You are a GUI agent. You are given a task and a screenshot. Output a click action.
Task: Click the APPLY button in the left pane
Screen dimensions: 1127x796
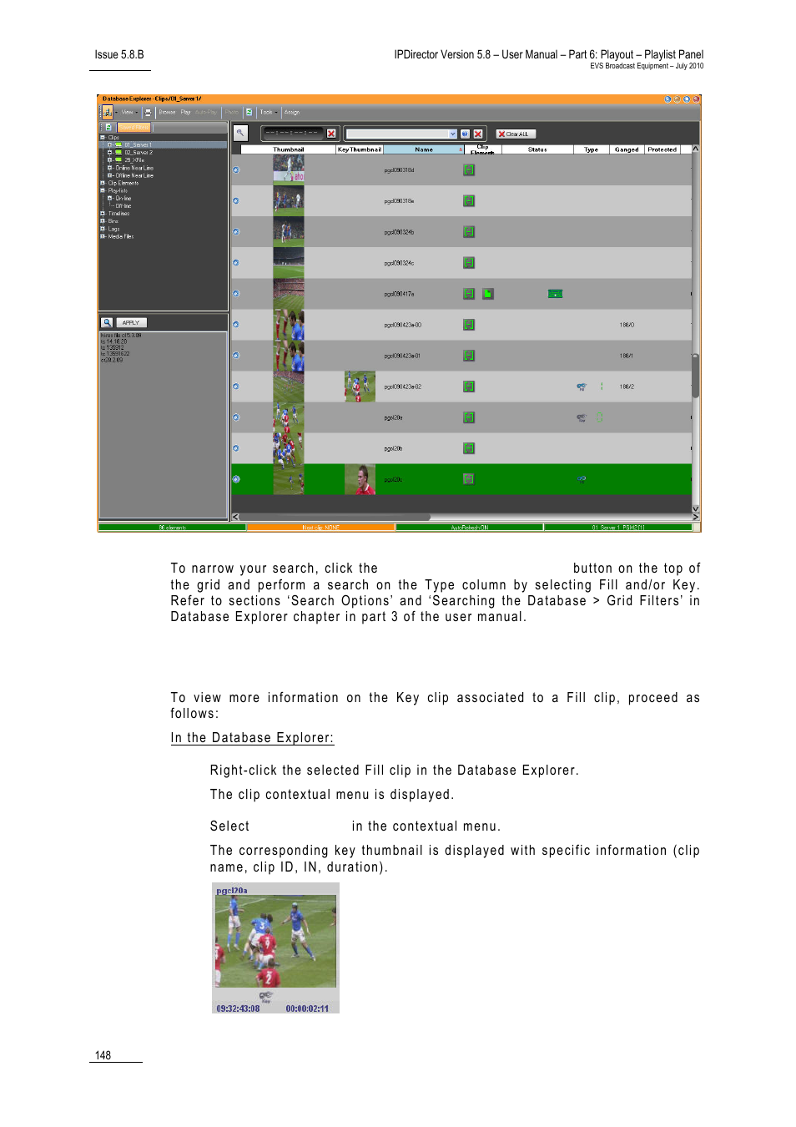click(x=131, y=322)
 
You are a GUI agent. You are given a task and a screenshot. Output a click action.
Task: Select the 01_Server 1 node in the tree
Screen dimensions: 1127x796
click(x=138, y=145)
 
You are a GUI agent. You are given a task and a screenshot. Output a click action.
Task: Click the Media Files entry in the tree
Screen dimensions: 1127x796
click(x=120, y=236)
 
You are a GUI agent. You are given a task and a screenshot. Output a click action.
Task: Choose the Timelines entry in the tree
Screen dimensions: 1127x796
click(x=118, y=214)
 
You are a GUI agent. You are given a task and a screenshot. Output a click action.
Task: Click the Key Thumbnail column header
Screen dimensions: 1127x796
click(x=359, y=149)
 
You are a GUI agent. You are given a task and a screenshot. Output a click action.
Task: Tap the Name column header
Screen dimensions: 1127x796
click(x=424, y=149)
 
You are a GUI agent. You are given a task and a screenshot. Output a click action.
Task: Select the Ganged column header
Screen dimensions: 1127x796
click(x=627, y=149)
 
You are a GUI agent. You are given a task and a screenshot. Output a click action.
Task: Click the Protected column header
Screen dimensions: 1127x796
click(x=662, y=149)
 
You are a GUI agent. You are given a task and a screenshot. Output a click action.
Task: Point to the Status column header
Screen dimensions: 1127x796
click(x=537, y=149)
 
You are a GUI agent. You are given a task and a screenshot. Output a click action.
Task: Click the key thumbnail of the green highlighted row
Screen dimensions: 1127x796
click(x=360, y=479)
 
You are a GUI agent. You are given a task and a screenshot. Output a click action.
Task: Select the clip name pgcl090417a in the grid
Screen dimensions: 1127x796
click(x=399, y=294)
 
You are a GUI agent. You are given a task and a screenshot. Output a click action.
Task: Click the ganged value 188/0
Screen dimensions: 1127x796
click(x=627, y=325)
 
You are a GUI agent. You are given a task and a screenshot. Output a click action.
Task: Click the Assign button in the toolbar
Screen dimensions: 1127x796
click(x=292, y=112)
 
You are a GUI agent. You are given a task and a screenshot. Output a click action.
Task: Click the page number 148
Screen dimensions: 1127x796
click(x=103, y=1055)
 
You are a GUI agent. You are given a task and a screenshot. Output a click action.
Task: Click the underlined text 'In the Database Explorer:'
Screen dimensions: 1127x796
click(x=252, y=738)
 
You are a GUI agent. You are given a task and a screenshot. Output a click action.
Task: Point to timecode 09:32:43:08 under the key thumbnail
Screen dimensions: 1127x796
click(x=238, y=1008)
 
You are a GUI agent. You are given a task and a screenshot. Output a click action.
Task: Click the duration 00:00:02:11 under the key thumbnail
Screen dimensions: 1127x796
click(x=307, y=1008)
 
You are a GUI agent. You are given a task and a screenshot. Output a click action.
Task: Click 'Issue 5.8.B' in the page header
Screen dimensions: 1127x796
click(x=119, y=55)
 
